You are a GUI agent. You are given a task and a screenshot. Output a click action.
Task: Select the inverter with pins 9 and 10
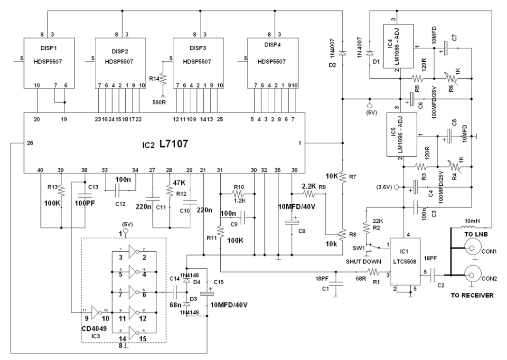(x=94, y=313)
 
